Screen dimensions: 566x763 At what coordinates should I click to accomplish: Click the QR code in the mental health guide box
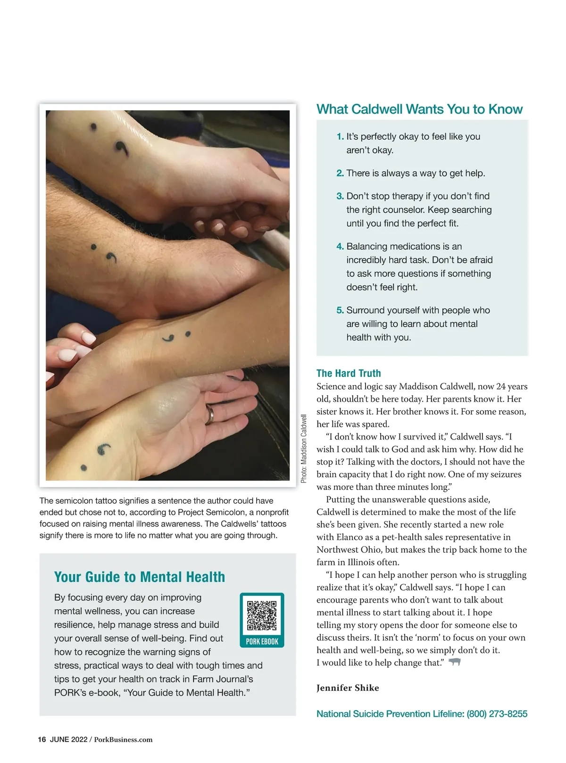tap(262, 615)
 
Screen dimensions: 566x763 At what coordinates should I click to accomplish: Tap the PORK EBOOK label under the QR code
tap(262, 641)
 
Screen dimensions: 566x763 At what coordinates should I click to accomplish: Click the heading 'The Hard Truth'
tap(349, 373)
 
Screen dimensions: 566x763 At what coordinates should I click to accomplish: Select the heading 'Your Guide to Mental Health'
tap(139, 577)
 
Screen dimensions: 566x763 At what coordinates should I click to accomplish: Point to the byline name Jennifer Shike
tap(348, 688)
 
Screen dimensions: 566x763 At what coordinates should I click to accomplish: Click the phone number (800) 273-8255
tap(497, 714)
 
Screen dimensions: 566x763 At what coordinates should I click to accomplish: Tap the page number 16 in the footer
tap(42, 739)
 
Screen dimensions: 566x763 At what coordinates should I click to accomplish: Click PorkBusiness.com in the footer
tap(123, 739)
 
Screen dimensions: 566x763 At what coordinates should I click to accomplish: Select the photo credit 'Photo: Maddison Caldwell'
tap(303, 448)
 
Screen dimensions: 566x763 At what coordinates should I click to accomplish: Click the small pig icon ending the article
tap(455, 662)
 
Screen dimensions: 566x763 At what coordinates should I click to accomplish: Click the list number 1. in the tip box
tap(340, 137)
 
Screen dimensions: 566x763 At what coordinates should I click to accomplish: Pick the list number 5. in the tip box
tap(340, 310)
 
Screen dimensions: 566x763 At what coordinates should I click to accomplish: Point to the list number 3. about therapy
tap(340, 196)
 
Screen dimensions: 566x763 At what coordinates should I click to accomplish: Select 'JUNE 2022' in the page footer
tap(69, 739)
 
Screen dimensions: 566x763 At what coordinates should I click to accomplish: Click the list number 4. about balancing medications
tap(340, 246)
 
